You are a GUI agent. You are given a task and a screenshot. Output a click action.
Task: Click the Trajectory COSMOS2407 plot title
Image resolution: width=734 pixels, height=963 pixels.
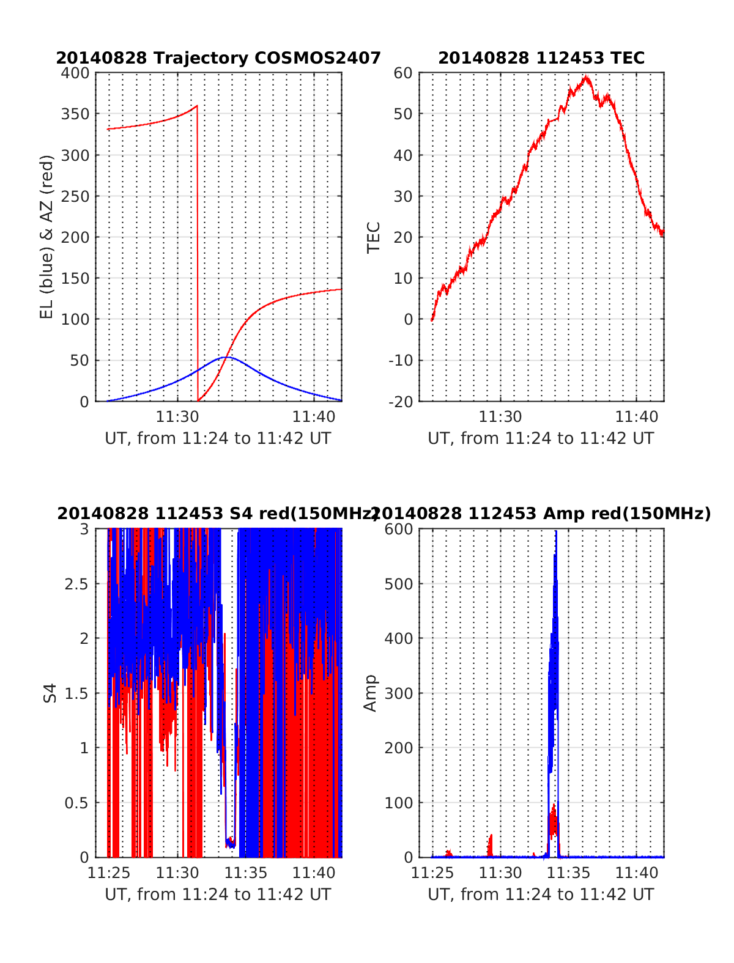(x=218, y=58)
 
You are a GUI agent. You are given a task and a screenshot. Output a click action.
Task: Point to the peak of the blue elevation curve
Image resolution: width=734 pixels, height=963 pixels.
(x=227, y=357)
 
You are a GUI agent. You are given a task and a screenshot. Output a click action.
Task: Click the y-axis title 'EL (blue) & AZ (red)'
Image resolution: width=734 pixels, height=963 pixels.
(x=47, y=237)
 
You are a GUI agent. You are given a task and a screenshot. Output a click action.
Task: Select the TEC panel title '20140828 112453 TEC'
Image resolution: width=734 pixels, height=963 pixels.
(x=541, y=58)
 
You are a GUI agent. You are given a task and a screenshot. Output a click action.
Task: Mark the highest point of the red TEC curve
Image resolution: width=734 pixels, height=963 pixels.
(x=587, y=77)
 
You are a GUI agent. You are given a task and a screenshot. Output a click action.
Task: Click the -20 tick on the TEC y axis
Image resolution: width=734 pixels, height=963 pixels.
(x=401, y=402)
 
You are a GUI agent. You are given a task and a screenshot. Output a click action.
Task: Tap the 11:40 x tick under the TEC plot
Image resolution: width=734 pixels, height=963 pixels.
(x=637, y=417)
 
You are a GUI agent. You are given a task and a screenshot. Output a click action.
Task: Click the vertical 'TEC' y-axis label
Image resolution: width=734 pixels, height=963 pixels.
(x=373, y=237)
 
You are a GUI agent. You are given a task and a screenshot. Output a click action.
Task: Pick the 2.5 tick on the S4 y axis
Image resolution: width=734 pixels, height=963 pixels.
(x=76, y=584)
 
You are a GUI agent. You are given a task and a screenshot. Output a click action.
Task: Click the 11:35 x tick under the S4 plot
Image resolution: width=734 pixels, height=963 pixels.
(x=246, y=873)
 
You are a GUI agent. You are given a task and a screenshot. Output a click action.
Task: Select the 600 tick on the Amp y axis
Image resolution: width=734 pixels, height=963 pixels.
(x=399, y=529)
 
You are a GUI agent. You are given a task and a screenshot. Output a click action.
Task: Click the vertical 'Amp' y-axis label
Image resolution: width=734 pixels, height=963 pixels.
(x=371, y=693)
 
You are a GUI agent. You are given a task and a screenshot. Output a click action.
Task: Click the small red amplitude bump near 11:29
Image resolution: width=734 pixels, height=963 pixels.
(x=490, y=846)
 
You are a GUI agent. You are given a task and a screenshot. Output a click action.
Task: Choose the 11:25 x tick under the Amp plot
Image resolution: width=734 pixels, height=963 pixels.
(x=432, y=873)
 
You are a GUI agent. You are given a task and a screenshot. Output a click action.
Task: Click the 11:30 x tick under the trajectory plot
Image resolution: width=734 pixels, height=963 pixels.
(x=177, y=417)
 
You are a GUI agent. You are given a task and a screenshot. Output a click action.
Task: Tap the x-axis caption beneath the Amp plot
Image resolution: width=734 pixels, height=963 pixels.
(x=541, y=895)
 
